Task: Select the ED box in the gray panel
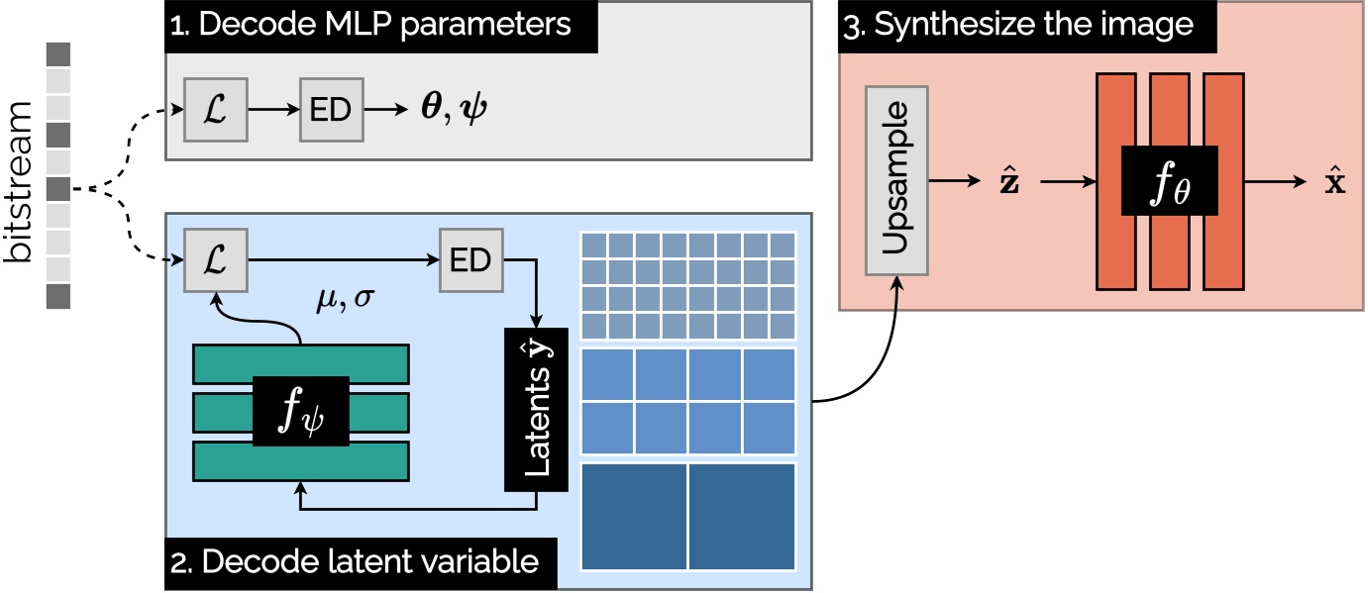tap(331, 111)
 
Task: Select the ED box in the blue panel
tap(471, 260)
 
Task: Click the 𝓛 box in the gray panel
tap(215, 111)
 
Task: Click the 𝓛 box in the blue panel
tap(215, 260)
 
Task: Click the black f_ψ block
tap(300, 411)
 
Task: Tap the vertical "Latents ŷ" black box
tap(536, 409)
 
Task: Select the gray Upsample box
tap(896, 180)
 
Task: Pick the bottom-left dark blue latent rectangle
tap(634, 517)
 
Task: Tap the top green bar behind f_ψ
tap(300, 362)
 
